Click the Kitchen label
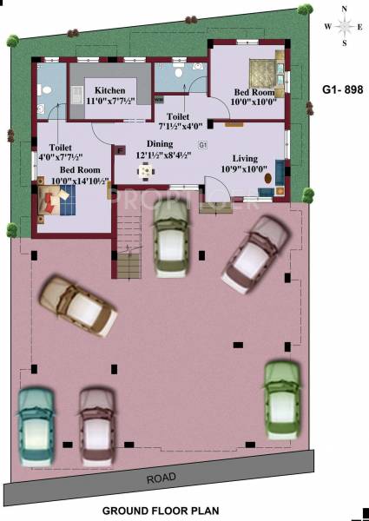tap(110, 90)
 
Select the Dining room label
tap(159, 143)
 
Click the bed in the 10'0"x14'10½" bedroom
tap(57, 201)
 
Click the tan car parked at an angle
tap(78, 306)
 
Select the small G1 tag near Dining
tap(202, 143)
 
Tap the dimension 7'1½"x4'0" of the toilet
tap(179, 126)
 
